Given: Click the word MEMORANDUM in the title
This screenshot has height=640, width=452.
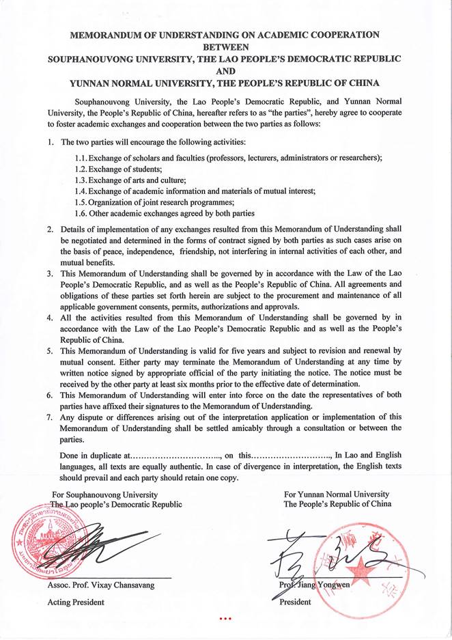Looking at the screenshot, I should coord(110,35).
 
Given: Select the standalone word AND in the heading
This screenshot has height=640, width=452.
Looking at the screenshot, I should coord(225,71).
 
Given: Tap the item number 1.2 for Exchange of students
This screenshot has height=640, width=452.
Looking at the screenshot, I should coord(81,169).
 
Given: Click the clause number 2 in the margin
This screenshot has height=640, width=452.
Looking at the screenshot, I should coord(50,230).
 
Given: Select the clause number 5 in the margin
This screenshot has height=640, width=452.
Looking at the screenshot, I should coord(50,350).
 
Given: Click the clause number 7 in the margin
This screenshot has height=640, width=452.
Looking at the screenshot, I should coord(50,417).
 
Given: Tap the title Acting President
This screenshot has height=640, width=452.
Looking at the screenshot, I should coord(75,602).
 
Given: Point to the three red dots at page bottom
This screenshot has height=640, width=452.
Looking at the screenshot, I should coord(225,619).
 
